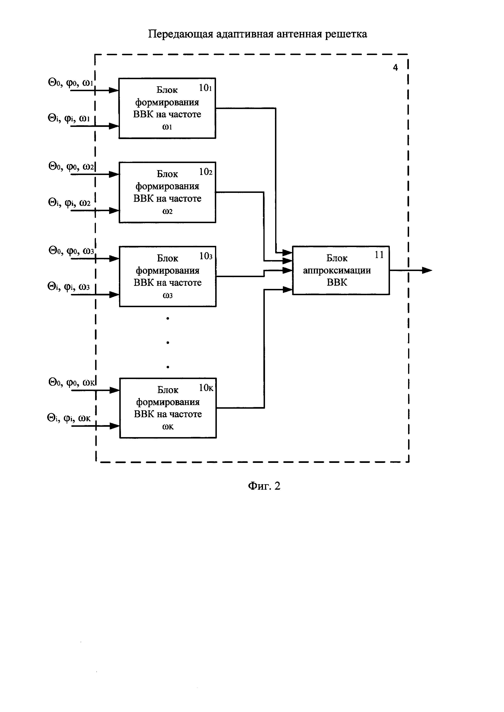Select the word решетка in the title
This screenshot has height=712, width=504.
[346, 34]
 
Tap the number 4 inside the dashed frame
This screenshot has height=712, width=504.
[395, 67]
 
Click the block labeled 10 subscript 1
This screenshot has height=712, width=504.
[167, 108]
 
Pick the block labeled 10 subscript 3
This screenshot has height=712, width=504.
[168, 276]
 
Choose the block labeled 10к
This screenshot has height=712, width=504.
[168, 408]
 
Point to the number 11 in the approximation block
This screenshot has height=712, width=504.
[379, 255]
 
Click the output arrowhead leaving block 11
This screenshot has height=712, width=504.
[428, 270]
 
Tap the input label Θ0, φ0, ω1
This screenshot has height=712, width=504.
[71, 83]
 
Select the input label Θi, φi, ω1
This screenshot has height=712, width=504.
[69, 118]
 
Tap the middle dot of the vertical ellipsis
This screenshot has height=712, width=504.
[168, 342]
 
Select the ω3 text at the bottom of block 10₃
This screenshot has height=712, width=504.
[168, 295]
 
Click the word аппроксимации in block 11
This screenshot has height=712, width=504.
[337, 270]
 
